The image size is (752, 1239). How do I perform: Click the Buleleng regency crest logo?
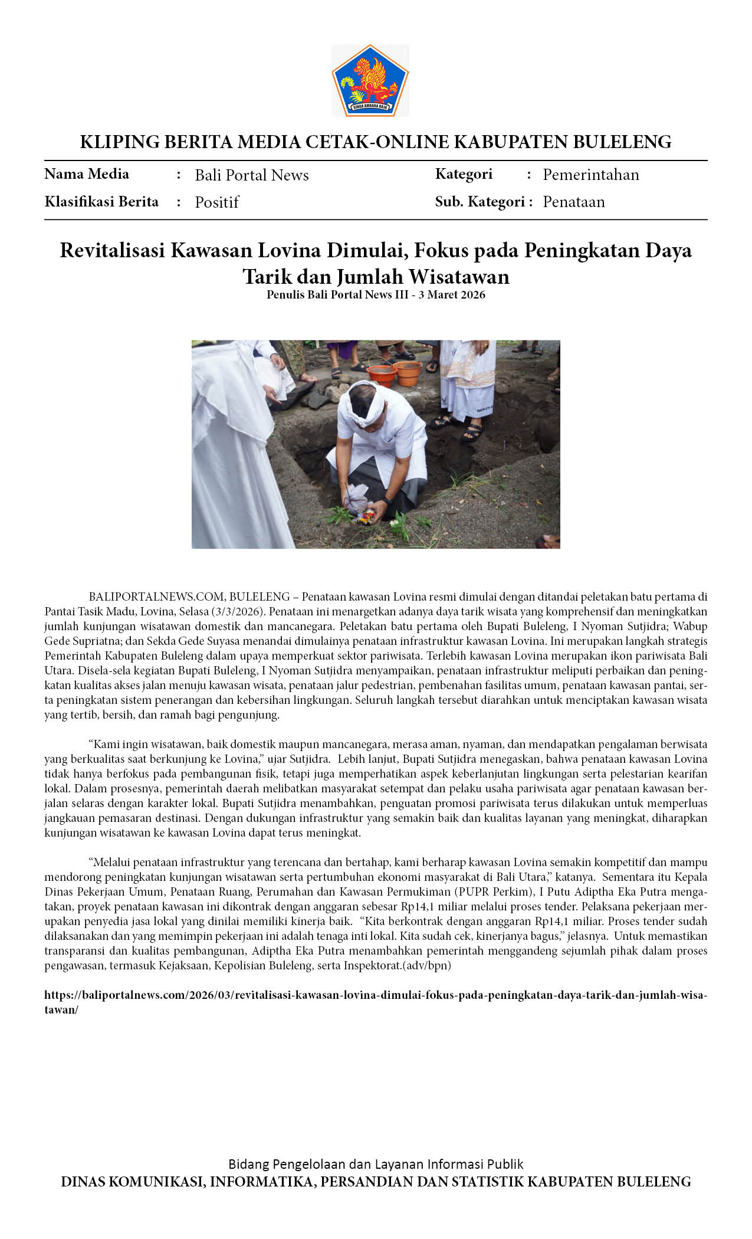(370, 80)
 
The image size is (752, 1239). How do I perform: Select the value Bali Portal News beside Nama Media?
(252, 175)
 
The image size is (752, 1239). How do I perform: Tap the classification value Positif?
(216, 202)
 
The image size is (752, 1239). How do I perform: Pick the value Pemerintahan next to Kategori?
(590, 175)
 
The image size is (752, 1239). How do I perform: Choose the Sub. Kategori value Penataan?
(573, 202)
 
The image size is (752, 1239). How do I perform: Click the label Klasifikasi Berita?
(101, 202)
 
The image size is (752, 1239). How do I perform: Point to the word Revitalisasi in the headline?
(112, 251)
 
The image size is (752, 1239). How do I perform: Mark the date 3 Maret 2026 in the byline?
(452, 295)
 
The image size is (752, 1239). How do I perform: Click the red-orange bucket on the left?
(382, 376)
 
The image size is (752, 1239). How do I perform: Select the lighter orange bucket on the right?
(408, 373)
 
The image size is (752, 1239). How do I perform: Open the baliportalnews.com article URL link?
(375, 995)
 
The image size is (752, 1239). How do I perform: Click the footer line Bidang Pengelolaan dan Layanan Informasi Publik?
(376, 1164)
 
